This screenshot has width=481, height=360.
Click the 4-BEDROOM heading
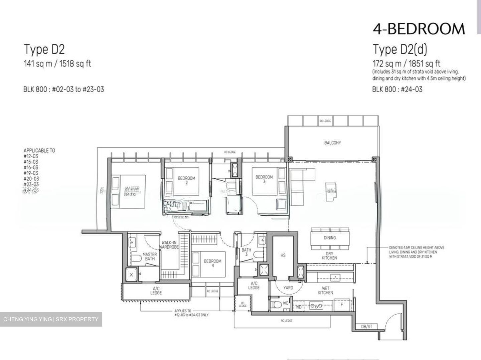pyautogui.click(x=419, y=29)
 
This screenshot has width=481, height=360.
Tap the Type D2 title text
pyautogui.click(x=44, y=49)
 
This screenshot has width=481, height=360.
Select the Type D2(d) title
pyautogui.click(x=400, y=49)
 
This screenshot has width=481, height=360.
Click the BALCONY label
pyautogui.click(x=332, y=143)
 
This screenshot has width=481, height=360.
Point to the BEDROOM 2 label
pyautogui.click(x=186, y=180)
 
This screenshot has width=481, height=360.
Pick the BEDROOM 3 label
pyautogui.click(x=264, y=179)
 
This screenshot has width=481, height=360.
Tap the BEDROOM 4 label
pyautogui.click(x=213, y=263)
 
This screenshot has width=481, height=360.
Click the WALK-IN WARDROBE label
pyautogui.click(x=169, y=245)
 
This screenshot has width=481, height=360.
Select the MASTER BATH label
pyautogui.click(x=149, y=256)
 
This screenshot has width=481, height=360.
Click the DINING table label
pyautogui.click(x=330, y=238)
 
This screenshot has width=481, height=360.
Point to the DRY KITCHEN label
pyautogui.click(x=329, y=255)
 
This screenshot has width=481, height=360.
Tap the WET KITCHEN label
pyautogui.click(x=325, y=290)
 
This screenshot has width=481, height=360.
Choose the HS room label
pyautogui.click(x=283, y=255)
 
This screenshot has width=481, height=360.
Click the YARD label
pyautogui.click(x=288, y=288)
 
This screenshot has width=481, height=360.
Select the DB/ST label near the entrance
pyautogui.click(x=366, y=326)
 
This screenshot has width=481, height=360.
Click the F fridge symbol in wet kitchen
pyautogui.click(x=342, y=305)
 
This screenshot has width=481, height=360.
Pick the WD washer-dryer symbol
pyautogui.click(x=299, y=307)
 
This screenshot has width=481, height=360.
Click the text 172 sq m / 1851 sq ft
pyautogui.click(x=406, y=63)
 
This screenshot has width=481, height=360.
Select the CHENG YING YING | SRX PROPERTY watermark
pyautogui.click(x=51, y=319)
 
